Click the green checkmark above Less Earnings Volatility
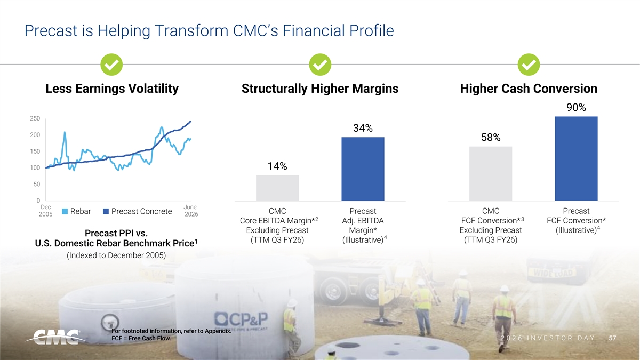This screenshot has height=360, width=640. pos(111,65)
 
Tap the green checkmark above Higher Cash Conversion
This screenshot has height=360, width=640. pos(529,65)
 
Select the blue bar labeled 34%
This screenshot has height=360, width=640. pos(363,169)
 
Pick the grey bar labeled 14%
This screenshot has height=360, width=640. pos(277,188)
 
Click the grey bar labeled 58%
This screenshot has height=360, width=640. pos(491,173)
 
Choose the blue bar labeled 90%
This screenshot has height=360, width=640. pos(576,158)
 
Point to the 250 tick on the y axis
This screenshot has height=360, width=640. pos(35,118)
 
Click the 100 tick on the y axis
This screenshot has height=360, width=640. pos(35,167)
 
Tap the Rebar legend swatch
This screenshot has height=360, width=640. pos(65,211)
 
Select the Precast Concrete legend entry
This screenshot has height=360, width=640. pos(138,211)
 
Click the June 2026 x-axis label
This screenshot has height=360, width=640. pos(191,211)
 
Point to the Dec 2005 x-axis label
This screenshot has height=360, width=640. pos(46,211)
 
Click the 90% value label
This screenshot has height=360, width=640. pos(576,107)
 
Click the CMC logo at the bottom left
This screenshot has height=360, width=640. pos(55,338)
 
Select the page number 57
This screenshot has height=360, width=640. pos(612,338)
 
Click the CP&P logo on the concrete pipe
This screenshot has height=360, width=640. pos(241,319)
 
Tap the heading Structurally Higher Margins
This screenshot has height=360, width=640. pos(320,89)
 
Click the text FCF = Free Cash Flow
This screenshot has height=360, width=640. pos(141,338)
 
